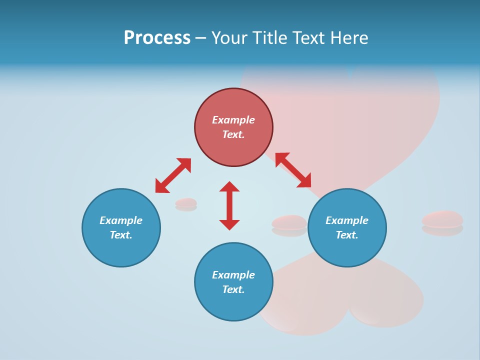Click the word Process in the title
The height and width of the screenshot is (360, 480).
(x=157, y=38)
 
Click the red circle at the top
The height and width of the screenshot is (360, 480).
(x=233, y=102)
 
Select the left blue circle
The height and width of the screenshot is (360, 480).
(x=121, y=250)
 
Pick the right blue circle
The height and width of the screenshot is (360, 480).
(x=347, y=250)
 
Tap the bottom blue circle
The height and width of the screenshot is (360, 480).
(x=233, y=305)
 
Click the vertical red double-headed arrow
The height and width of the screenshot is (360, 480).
(x=229, y=205)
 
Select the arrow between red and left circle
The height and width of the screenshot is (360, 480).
(x=173, y=175)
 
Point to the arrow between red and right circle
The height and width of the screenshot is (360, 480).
(x=293, y=170)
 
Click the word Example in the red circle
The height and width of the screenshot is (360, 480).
(x=233, y=120)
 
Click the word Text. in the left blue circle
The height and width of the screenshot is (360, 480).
(x=121, y=235)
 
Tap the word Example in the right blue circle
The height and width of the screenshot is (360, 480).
(x=347, y=220)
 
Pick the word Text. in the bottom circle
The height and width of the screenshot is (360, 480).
(x=233, y=289)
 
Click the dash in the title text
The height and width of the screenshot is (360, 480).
(x=200, y=38)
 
